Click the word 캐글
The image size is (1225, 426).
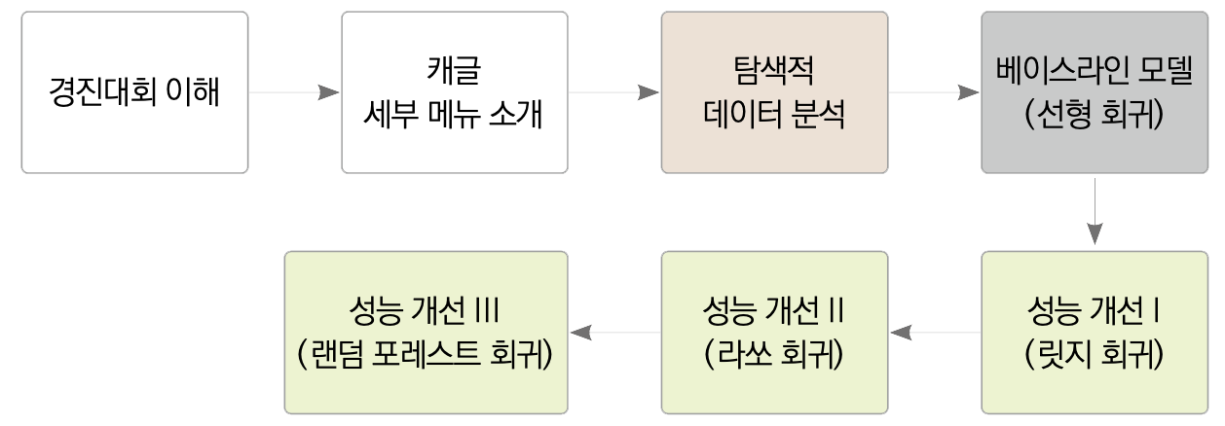coord(455,70)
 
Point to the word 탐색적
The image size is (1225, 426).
coord(774,70)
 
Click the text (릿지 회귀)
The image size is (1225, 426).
coord(1095,355)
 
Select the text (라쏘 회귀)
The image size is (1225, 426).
coord(774,355)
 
